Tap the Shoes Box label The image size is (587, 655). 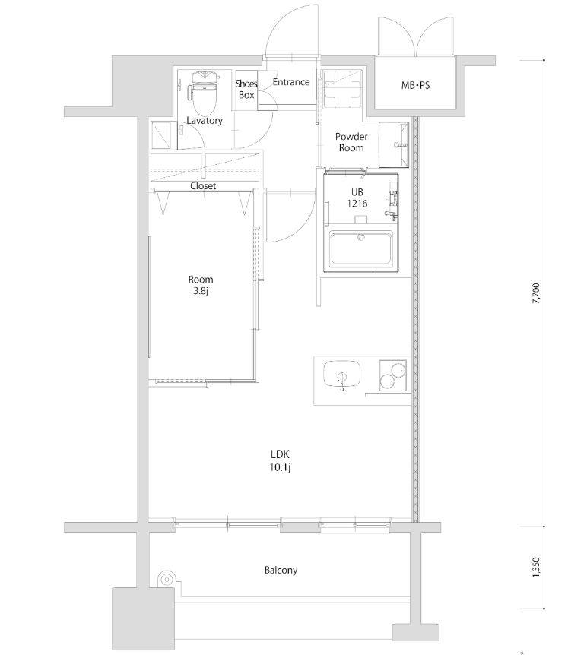click(x=246, y=90)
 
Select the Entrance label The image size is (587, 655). click(x=290, y=82)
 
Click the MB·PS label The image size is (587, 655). click(x=415, y=86)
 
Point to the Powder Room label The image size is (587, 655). click(x=351, y=142)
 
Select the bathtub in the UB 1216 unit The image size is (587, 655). click(x=360, y=250)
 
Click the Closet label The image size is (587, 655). click(x=203, y=185)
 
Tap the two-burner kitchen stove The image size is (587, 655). click(x=393, y=376)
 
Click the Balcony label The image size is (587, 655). click(x=281, y=570)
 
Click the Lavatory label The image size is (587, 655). click(x=205, y=121)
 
